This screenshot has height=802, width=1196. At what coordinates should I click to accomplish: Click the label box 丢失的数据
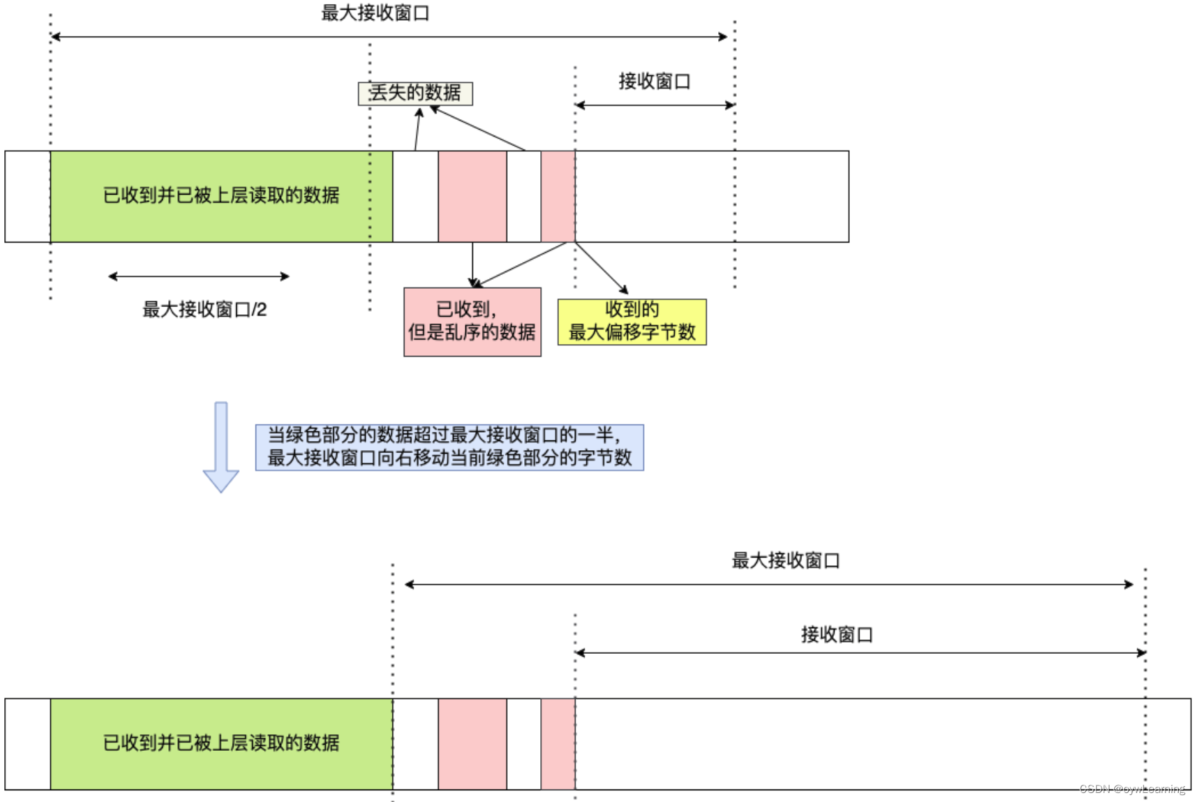[x=415, y=93]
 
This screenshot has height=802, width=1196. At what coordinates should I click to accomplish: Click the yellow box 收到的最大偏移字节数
[x=632, y=321]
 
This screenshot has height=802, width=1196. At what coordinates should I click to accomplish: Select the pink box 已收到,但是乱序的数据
[x=472, y=321]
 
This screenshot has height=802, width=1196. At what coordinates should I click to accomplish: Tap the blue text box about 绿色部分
[x=449, y=447]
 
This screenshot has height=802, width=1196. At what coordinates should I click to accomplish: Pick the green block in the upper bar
[x=221, y=196]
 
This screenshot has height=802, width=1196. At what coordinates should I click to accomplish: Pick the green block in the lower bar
[x=221, y=743]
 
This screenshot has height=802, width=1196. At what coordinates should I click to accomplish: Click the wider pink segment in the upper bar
[x=472, y=196]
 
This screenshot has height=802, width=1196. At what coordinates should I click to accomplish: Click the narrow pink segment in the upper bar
[x=557, y=196]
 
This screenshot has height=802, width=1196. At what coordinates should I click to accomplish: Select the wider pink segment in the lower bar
[x=472, y=743]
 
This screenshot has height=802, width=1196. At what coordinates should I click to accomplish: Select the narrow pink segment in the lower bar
[x=557, y=743]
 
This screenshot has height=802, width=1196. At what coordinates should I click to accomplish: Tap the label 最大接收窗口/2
[x=204, y=309]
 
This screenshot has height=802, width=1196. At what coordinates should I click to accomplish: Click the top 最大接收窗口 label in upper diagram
[x=375, y=13]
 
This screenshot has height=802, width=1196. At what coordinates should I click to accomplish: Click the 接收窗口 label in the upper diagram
[x=654, y=81]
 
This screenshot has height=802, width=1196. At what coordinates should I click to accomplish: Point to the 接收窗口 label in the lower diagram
[x=836, y=634]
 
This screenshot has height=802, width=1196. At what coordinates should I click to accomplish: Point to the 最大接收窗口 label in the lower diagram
[x=785, y=560]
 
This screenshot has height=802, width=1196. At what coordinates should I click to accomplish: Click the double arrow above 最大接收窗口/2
[x=199, y=276]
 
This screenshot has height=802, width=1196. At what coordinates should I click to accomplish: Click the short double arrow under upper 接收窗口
[x=654, y=105]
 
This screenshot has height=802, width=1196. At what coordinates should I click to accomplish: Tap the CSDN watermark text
[x=1132, y=789]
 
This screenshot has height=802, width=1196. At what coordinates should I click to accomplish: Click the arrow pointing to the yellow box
[x=603, y=269]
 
